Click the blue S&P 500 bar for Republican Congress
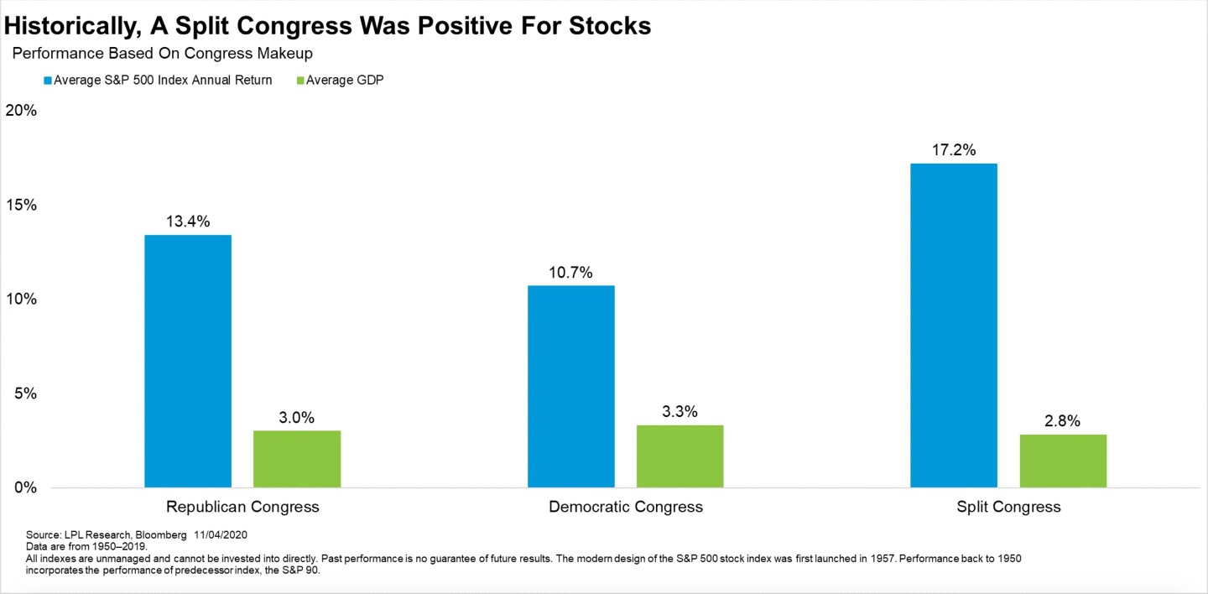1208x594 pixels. coord(188,361)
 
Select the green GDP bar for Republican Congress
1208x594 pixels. coord(297,459)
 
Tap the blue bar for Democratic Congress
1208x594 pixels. coord(570,386)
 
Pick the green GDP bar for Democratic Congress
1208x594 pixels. coord(679,456)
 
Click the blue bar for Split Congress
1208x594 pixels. coord(954,326)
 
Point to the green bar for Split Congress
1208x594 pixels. coord(1063,461)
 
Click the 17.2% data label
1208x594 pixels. coord(954,151)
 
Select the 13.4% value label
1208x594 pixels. coord(188,222)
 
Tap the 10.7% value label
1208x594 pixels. coord(570,273)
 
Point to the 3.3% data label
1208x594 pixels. coord(679,412)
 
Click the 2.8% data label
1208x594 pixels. coord(1063,421)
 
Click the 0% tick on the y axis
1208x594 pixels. coord(25,487)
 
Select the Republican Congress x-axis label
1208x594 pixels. coord(242,507)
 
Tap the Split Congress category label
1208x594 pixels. coord(1008,507)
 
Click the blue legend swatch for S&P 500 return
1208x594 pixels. coord(47,81)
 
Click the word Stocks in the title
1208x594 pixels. coord(600,25)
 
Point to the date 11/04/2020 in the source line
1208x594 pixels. coord(220,534)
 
